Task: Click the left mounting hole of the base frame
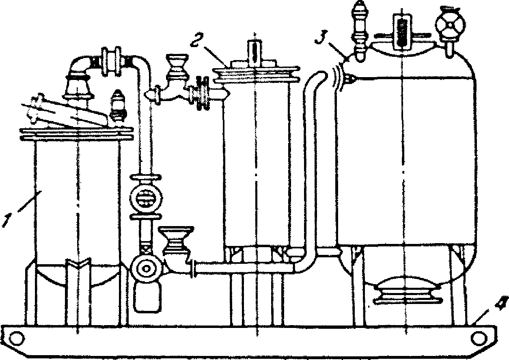17,338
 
